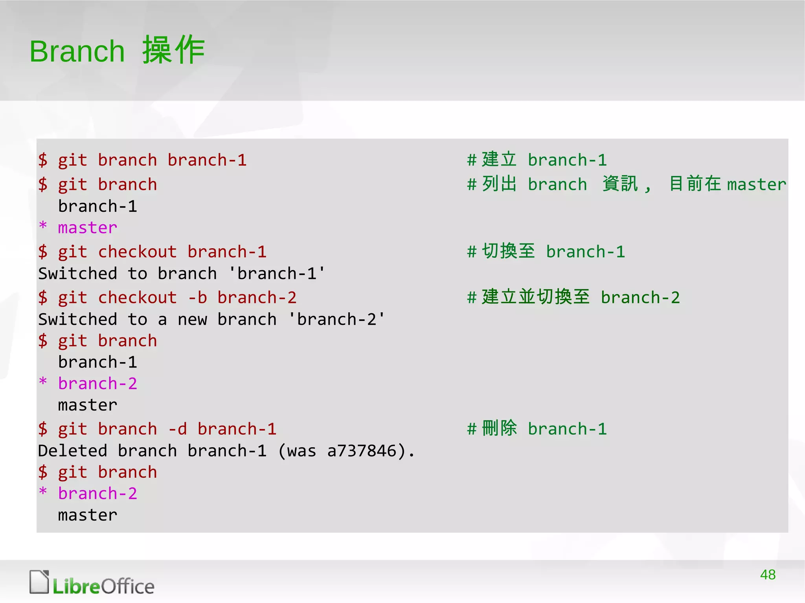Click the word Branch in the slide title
coord(77,51)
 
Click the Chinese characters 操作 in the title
coord(173,50)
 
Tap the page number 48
coord(768,575)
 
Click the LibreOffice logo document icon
coord(39,582)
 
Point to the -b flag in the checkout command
coord(197,298)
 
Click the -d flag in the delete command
coord(177,429)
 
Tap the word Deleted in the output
coord(73,451)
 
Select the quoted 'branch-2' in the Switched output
coord(336,319)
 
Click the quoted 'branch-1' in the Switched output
coord(277,274)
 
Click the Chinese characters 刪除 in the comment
coord(500,429)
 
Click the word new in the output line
coord(192,320)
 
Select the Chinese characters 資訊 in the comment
coord(620,184)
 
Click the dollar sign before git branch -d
coord(43,429)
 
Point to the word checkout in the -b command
coord(137,298)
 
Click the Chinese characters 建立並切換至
coord(536,297)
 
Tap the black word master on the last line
coord(88,515)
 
